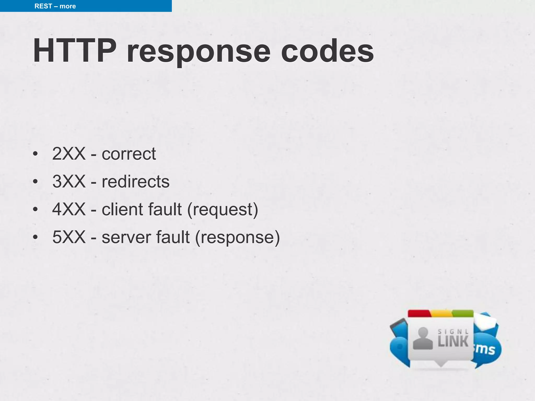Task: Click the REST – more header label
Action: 55,6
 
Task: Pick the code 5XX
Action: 69,237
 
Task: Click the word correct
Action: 129,154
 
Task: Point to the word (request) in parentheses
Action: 223,210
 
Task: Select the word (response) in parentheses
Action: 237,238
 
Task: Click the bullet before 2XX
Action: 36,154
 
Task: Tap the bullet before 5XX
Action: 36,237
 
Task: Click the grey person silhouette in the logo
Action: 423,339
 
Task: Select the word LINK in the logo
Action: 453,342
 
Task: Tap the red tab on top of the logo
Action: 419,313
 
